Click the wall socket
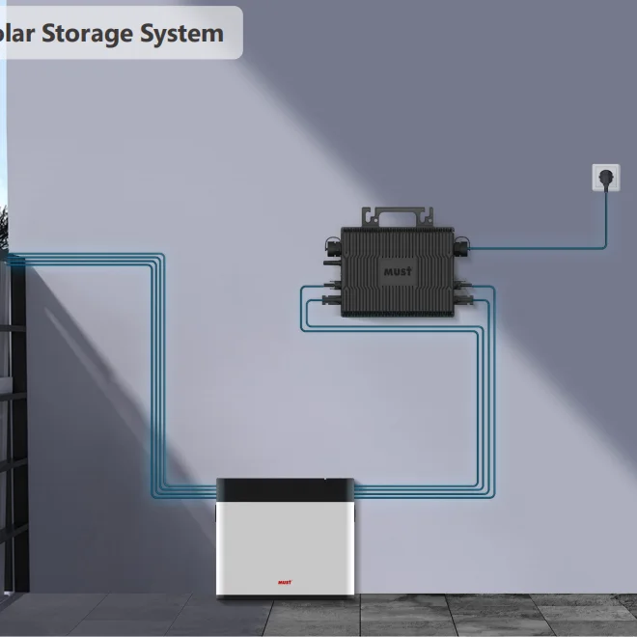click(x=605, y=179)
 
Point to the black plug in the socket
click(x=606, y=180)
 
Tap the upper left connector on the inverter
click(x=331, y=249)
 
